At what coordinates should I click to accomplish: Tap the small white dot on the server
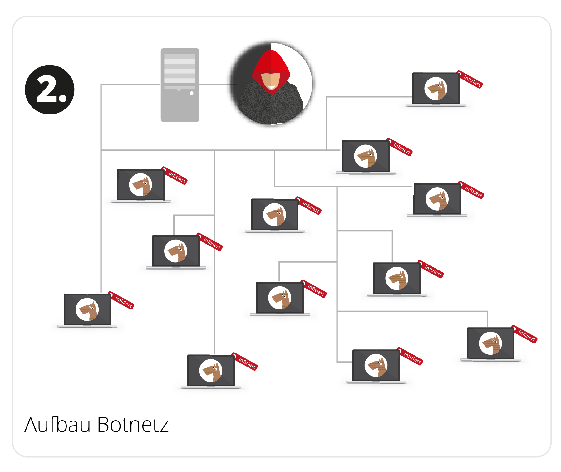tap(192, 93)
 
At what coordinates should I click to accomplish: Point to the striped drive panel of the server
tap(180, 69)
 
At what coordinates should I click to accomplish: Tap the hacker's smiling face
tap(271, 81)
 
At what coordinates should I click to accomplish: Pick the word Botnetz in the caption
tap(133, 425)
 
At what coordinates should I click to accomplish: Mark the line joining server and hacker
tap(215, 84)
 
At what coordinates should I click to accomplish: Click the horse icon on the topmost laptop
tap(436, 88)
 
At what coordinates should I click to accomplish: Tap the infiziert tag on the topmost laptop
tap(471, 80)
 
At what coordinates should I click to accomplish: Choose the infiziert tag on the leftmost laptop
tap(123, 301)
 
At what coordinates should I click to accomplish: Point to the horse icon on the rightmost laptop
tap(490, 343)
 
